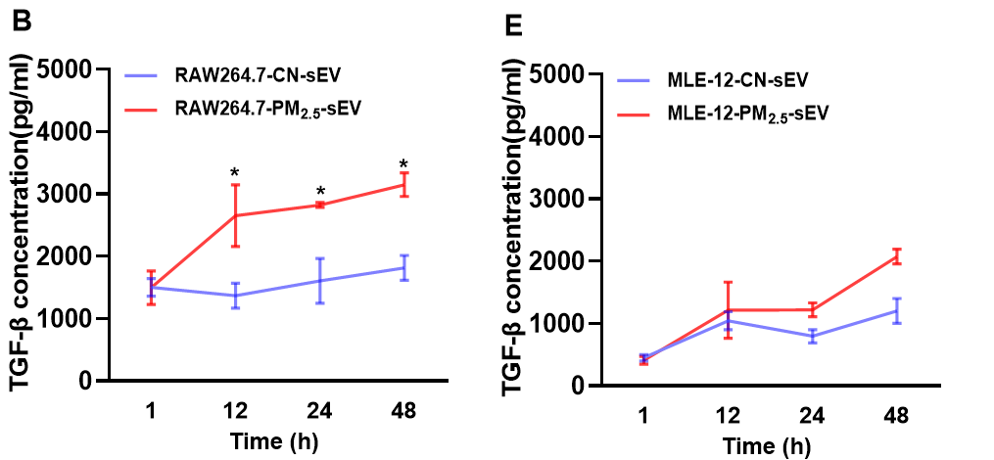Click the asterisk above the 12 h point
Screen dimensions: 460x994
[x=235, y=174]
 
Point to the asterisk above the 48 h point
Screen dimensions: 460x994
[x=402, y=164]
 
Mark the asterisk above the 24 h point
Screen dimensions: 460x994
[x=319, y=192]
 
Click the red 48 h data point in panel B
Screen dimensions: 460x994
[x=402, y=184]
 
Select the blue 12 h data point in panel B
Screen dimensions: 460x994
[x=235, y=295]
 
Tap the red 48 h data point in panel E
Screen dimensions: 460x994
[x=895, y=257]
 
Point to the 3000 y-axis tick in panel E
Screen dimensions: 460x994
[x=557, y=200]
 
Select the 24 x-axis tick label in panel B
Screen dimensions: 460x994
[x=319, y=411]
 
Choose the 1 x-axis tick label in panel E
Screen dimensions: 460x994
[x=643, y=416]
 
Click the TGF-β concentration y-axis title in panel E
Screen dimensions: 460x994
[x=515, y=230]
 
